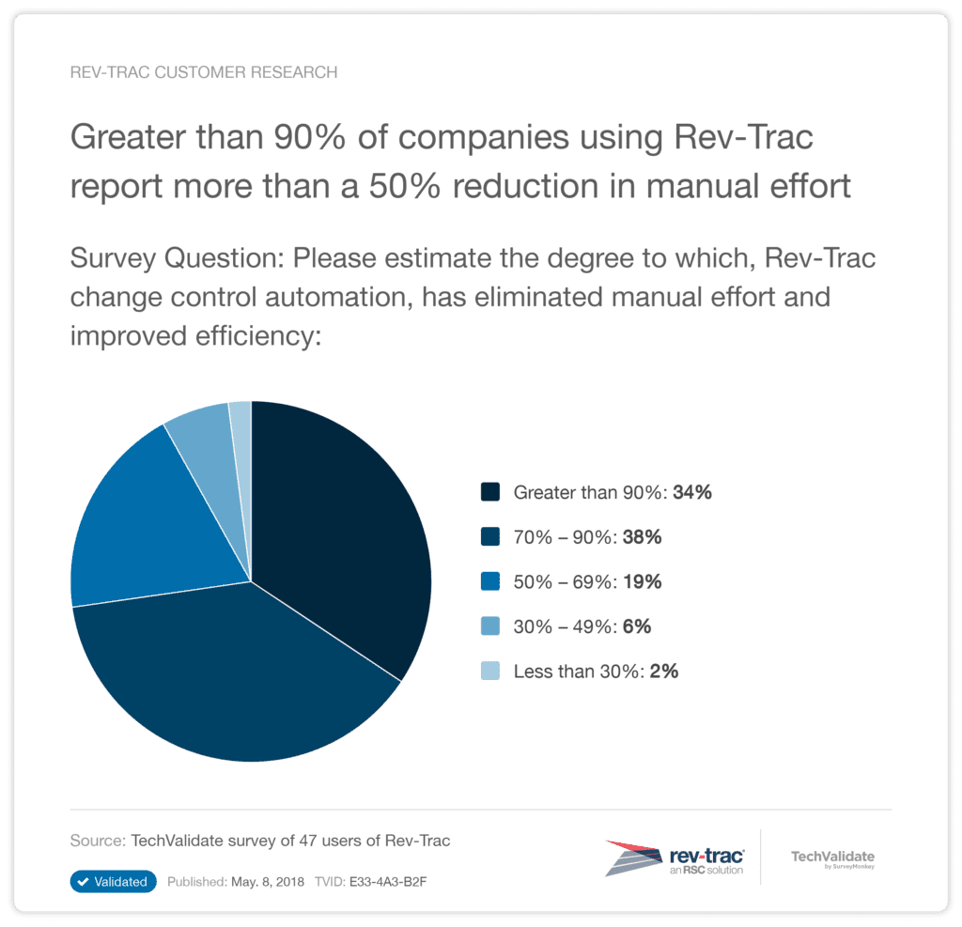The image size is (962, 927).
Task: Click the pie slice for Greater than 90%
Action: click(x=338, y=526)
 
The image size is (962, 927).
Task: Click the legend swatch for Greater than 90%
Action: click(x=489, y=491)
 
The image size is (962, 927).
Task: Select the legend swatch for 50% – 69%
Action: click(x=489, y=581)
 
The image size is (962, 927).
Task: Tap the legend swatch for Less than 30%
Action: click(x=489, y=672)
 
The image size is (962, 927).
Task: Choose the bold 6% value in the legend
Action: click(x=635, y=626)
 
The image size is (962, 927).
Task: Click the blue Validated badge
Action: click(x=113, y=882)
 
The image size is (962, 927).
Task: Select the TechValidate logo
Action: click(x=832, y=858)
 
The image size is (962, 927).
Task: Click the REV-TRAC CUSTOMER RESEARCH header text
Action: click(x=204, y=72)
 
